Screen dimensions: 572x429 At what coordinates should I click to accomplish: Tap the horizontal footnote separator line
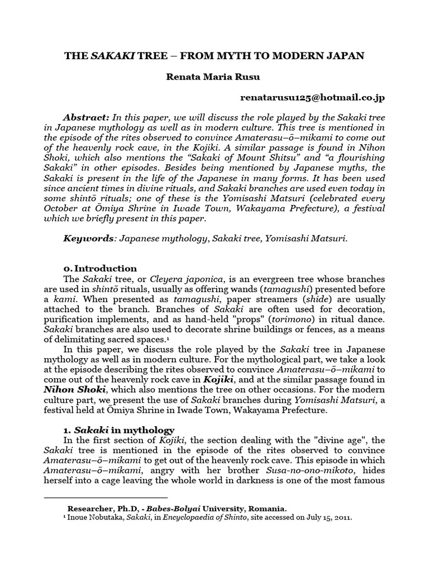pos(106,497)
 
